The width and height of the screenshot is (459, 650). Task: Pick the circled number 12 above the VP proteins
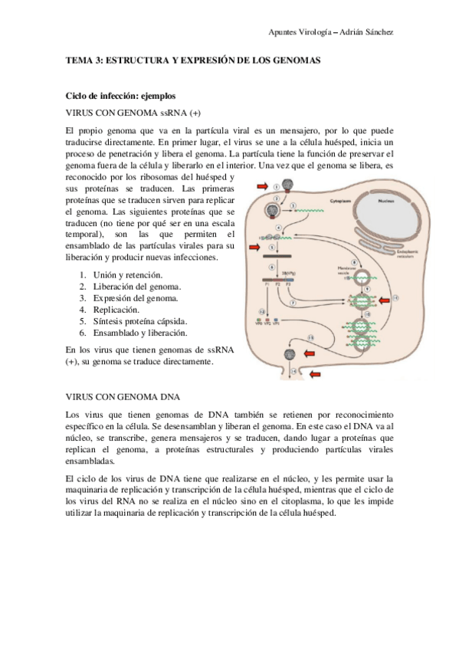click(x=264, y=311)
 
